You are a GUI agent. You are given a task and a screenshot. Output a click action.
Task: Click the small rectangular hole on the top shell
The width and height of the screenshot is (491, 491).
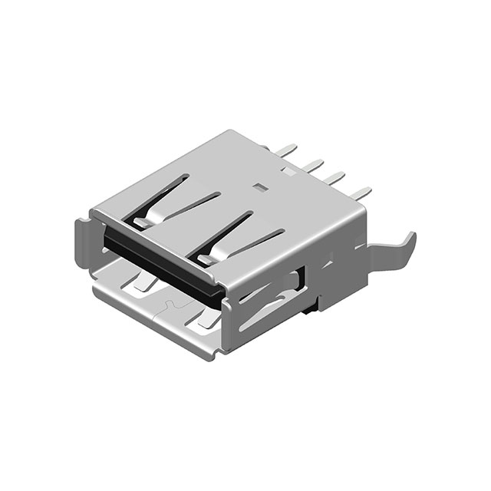point(259,186)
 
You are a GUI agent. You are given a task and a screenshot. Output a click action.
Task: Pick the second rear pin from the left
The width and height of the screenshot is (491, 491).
point(312,164)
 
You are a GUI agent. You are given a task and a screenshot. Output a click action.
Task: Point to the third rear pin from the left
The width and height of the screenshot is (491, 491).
point(334,178)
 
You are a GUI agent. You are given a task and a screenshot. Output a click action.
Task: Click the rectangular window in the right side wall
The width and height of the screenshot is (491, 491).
point(302,284)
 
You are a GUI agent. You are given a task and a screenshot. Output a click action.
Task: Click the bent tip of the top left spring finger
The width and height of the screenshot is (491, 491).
point(140,223)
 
